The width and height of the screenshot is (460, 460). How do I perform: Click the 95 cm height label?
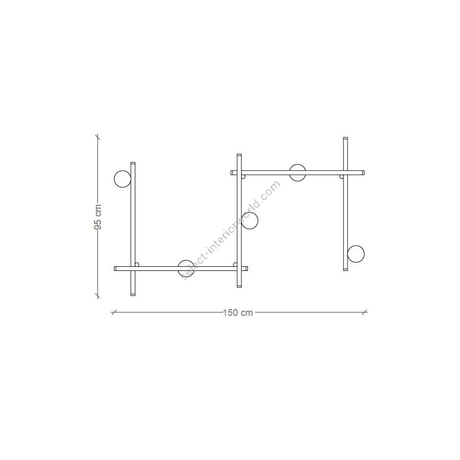click(x=98, y=217)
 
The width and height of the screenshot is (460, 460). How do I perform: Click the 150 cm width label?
click(x=238, y=313)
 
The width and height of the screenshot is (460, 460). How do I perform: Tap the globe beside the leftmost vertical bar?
click(x=122, y=179)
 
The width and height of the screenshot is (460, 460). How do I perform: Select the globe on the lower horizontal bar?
click(x=186, y=268)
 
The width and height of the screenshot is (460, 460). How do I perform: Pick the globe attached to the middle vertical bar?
click(x=249, y=221)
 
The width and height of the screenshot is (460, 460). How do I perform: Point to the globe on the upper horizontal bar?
click(x=297, y=173)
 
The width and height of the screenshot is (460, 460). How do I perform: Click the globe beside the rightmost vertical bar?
click(x=356, y=254)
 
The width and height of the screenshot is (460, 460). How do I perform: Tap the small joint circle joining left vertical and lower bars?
click(x=136, y=265)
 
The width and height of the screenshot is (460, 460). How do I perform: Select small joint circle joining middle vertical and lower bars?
click(x=235, y=265)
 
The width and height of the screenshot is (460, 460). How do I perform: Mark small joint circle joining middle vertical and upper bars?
click(x=243, y=177)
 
